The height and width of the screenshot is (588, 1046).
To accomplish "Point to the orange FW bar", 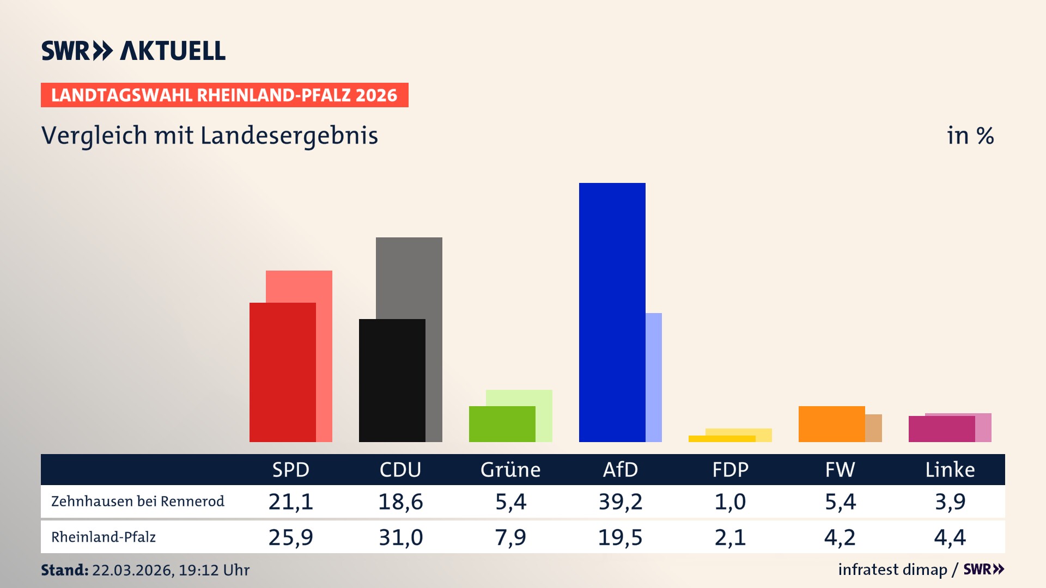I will (x=831, y=424).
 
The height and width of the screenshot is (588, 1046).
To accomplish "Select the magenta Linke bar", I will (x=941, y=429).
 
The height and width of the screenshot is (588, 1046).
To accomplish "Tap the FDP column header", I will (x=730, y=469).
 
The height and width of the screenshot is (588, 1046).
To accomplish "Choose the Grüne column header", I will (x=510, y=469).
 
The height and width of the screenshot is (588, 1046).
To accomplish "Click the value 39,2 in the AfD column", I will (x=620, y=501).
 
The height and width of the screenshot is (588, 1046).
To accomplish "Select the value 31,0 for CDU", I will (x=400, y=537).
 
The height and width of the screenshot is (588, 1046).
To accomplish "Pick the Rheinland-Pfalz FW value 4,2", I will (x=840, y=537).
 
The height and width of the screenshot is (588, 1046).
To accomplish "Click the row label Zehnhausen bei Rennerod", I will (x=137, y=501).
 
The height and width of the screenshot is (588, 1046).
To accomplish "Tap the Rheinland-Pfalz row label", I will (x=104, y=537).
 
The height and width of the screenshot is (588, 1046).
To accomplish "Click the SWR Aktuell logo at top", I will (x=133, y=51).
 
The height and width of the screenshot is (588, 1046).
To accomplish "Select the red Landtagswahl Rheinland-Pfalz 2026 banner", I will (x=224, y=95).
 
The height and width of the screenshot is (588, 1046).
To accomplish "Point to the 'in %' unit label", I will (x=970, y=136).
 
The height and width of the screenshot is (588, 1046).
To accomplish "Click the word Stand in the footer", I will (x=64, y=570).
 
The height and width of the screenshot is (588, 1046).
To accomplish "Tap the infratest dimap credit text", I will (x=892, y=569).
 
